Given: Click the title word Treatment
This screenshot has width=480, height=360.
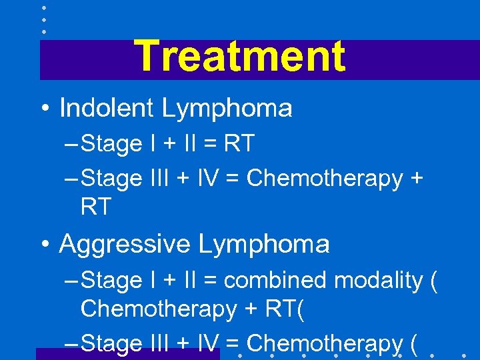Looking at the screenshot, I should [x=239, y=56].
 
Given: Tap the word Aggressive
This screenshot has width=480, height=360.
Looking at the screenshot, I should [x=124, y=244].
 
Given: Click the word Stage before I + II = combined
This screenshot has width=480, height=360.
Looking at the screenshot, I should [x=111, y=281].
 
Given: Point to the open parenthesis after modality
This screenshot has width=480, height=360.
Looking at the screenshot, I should [x=434, y=281].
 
